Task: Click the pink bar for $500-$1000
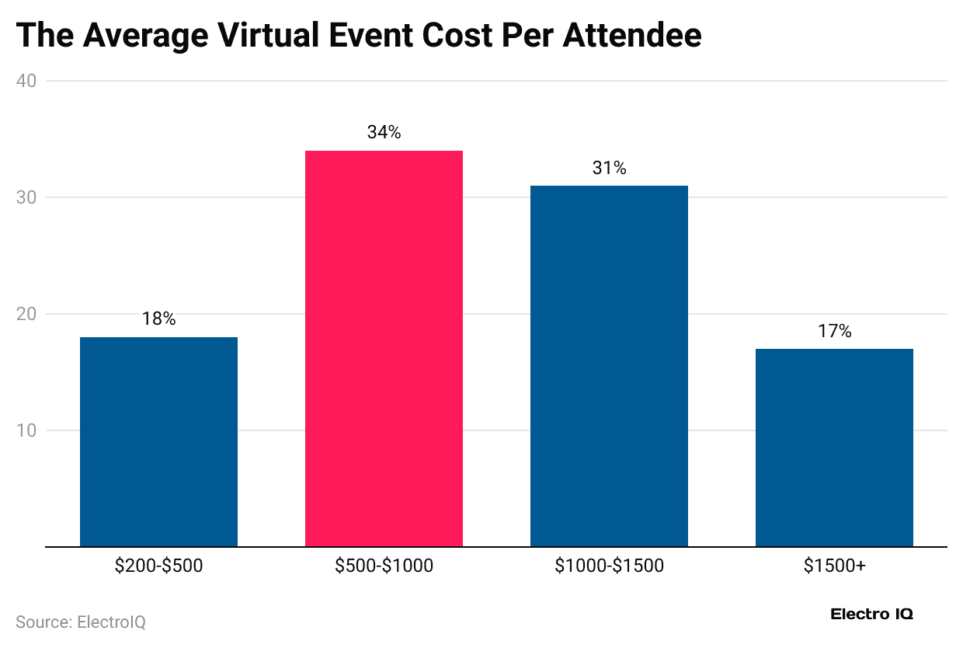384,348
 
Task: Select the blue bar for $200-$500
158,441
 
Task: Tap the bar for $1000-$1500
609,366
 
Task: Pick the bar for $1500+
834,448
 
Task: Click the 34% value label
384,133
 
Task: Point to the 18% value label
158,319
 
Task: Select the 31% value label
609,168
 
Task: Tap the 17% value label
834,331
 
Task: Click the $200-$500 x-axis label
158,566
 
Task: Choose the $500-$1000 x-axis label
384,566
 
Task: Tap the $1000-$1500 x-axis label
609,566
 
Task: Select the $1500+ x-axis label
834,566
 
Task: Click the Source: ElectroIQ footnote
81,622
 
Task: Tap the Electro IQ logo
871,614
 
